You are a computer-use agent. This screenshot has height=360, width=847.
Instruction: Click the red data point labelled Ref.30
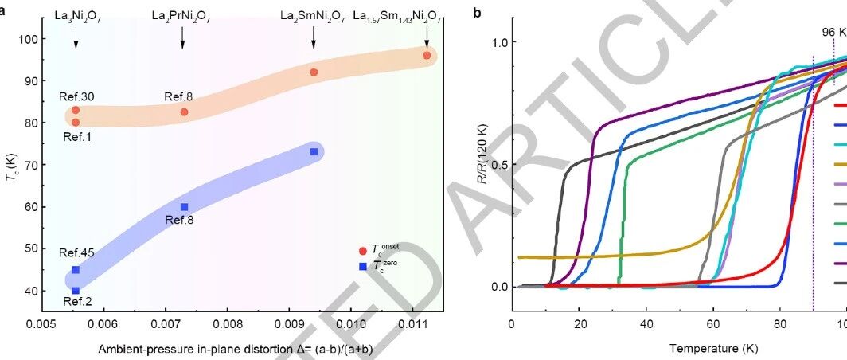pos(76,110)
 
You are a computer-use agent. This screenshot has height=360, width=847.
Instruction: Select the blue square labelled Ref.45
pos(76,270)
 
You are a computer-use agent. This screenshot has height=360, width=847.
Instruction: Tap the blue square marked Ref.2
pos(76,290)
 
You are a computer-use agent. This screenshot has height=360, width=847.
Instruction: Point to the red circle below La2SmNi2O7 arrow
pos(314,72)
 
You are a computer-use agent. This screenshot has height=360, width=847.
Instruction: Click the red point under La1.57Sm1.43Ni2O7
pos(427,55)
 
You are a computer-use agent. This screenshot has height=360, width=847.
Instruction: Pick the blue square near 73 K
pos(314,152)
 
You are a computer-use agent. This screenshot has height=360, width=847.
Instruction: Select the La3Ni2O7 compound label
pos(78,17)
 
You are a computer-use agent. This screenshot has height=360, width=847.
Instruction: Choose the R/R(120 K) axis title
pos(480,164)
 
